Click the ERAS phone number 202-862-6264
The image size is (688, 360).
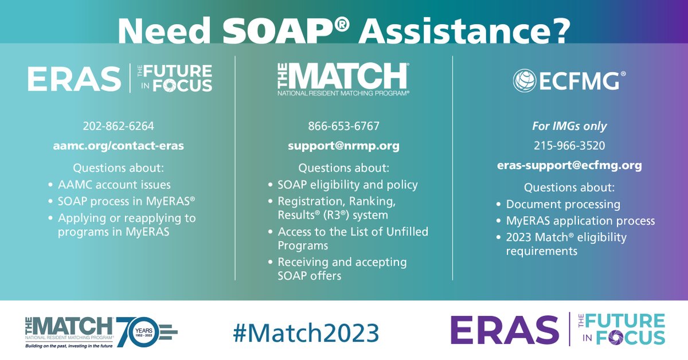[119, 126]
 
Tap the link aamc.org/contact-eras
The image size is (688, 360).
[119, 146]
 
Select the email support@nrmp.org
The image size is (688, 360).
[343, 146]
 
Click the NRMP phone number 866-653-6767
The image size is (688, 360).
[343, 126]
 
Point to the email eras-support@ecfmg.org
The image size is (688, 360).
[569, 165]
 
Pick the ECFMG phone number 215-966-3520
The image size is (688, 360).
[569, 146]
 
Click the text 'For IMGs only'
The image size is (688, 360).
[569, 126]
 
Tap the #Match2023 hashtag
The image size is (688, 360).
[306, 331]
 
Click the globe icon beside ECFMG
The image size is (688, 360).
[524, 81]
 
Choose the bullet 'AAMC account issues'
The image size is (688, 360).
[114, 185]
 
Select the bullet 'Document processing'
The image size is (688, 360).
[563, 204]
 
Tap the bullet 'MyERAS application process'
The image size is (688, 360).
[580, 221]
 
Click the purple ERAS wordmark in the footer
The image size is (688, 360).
[504, 330]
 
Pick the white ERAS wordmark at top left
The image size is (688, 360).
[74, 79]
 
